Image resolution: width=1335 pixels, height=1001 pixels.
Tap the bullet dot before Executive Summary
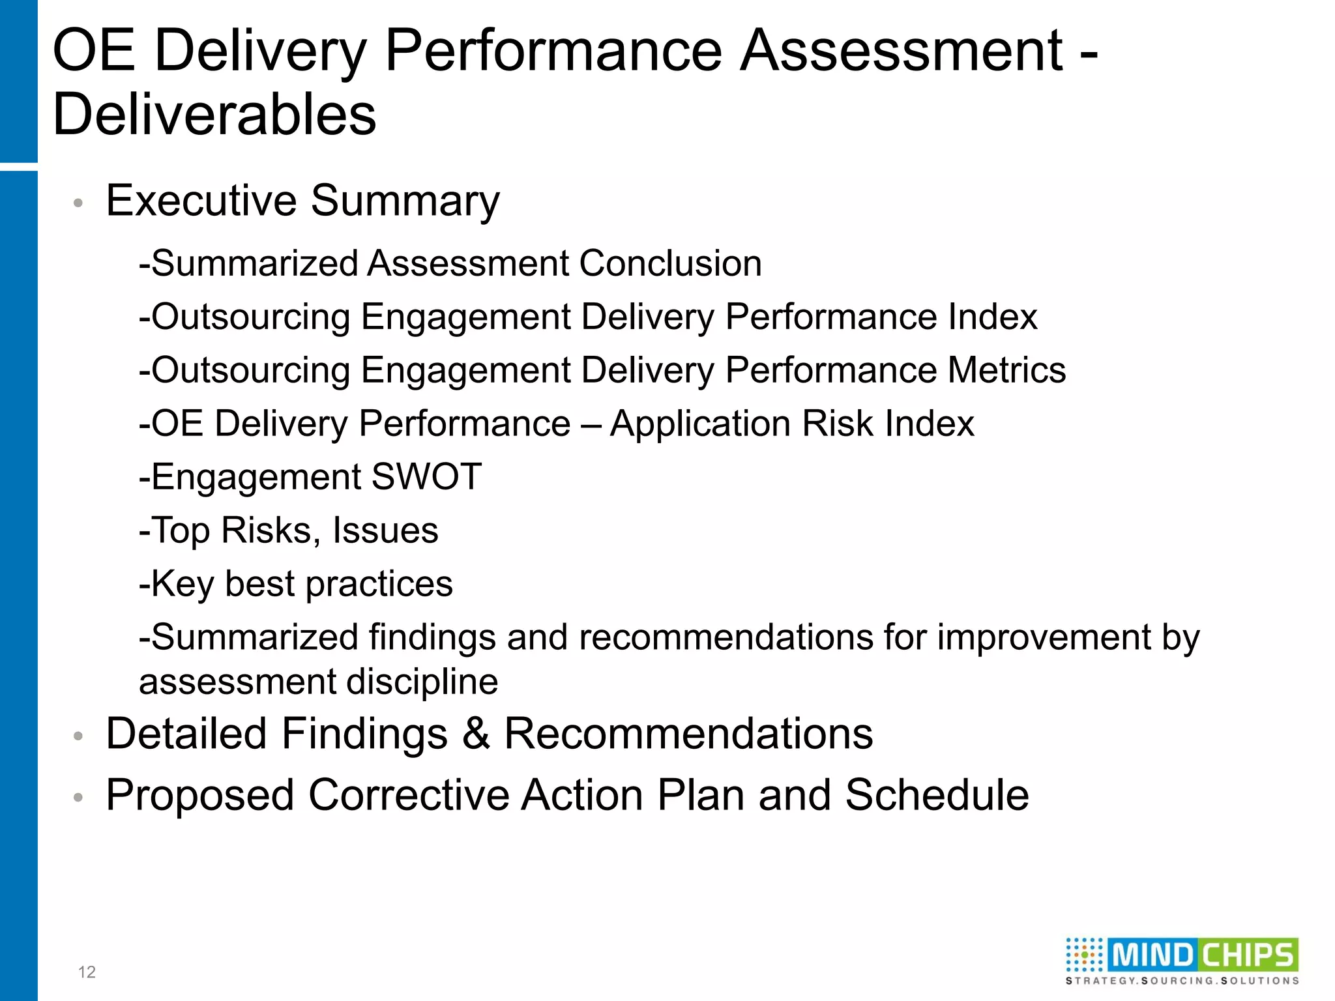point(78,203)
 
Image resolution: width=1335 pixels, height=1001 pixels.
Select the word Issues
point(385,530)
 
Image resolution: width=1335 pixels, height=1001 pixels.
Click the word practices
point(379,584)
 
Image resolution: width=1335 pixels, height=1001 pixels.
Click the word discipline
point(422,682)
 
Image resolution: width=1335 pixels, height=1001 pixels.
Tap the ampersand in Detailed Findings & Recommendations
point(476,734)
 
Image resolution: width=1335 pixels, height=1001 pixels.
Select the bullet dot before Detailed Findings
point(78,737)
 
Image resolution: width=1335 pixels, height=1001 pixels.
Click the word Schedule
point(937,795)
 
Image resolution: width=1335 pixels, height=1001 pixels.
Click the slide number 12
point(87,972)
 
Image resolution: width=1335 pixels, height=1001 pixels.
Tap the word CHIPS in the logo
point(1247,955)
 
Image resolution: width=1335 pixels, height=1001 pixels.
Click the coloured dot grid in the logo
point(1084,955)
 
